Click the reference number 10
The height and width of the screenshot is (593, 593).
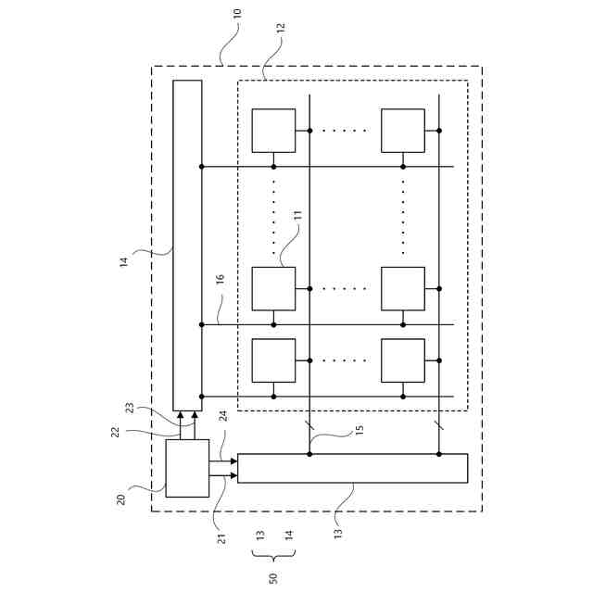(x=236, y=17)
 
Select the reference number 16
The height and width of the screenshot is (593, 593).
(x=220, y=303)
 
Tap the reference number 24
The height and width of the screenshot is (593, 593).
(x=222, y=416)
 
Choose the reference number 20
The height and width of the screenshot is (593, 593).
(x=121, y=498)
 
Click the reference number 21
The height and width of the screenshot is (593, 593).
(x=221, y=537)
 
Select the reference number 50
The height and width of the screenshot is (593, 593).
(x=273, y=578)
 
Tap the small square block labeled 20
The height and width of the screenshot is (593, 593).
(x=187, y=469)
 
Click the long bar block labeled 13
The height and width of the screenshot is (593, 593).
(x=352, y=468)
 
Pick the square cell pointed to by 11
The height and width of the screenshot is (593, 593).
(x=273, y=288)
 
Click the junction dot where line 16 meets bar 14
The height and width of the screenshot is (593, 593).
(x=201, y=324)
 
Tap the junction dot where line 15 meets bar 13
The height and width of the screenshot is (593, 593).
(x=309, y=454)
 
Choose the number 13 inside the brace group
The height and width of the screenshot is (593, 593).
(x=260, y=536)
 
